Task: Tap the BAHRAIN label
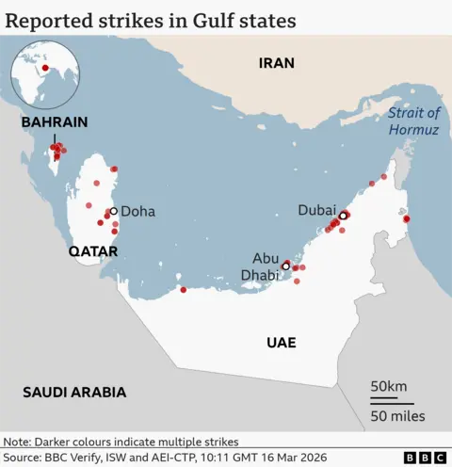pyautogui.click(x=55, y=122)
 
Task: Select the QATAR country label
pyautogui.click(x=92, y=251)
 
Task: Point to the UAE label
pyautogui.click(x=281, y=344)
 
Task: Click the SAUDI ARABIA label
pyautogui.click(x=74, y=393)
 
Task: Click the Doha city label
pyautogui.click(x=137, y=212)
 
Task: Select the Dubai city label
pyautogui.click(x=317, y=211)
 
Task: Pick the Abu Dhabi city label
pyautogui.click(x=265, y=266)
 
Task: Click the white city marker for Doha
pyautogui.click(x=113, y=212)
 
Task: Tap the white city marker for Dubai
pyautogui.click(x=344, y=216)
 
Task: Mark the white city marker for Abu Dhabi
pyautogui.click(x=286, y=266)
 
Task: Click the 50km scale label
pyautogui.click(x=388, y=387)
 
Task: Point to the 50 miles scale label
pyautogui.click(x=396, y=415)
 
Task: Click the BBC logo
pyautogui.click(x=425, y=458)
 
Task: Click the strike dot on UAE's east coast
pyautogui.click(x=406, y=219)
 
